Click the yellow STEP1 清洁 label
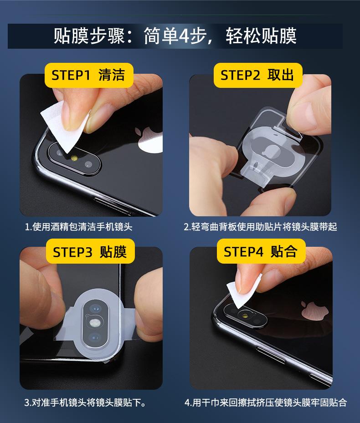[89, 75]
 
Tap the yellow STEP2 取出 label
[258, 75]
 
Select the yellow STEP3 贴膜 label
[90, 251]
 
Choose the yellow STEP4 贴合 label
[261, 251]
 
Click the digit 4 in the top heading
[184, 36]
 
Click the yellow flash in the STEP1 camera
[74, 158]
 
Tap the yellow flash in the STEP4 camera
[246, 315]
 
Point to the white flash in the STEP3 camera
[94, 322]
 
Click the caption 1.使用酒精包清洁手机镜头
[78, 227]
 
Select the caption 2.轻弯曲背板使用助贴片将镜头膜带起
[260, 227]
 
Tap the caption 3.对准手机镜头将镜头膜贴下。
[85, 403]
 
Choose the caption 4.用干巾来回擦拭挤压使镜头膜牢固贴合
[266, 403]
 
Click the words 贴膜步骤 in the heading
[89, 36]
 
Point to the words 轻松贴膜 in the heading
[261, 36]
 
